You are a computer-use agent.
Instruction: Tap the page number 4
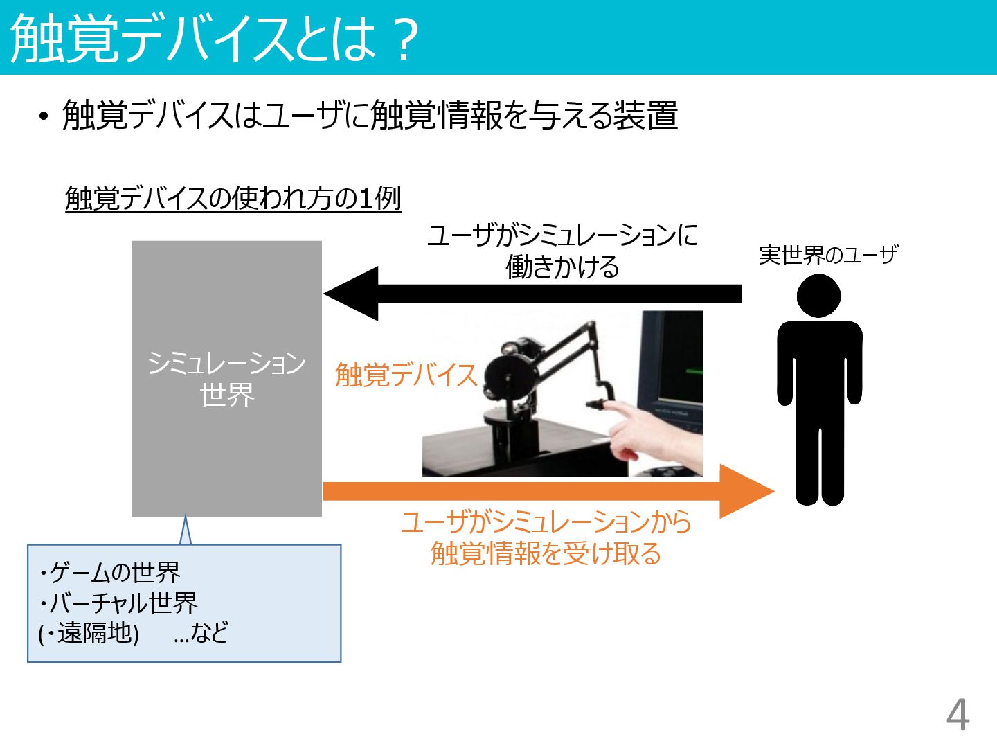958,714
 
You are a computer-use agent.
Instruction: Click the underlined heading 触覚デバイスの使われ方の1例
233,199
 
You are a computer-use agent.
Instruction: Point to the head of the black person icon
818,296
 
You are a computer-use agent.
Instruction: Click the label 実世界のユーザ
828,256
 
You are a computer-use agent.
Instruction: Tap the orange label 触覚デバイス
406,375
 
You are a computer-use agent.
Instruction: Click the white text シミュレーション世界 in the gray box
226,379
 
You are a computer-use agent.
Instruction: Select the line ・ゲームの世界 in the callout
110,572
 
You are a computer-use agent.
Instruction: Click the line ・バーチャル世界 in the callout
118,603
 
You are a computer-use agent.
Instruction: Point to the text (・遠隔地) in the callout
89,633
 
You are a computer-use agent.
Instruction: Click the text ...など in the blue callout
201,633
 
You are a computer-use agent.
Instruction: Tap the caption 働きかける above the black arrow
562,267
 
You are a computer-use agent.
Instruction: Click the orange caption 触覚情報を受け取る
546,553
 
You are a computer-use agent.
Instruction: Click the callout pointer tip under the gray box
185,518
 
